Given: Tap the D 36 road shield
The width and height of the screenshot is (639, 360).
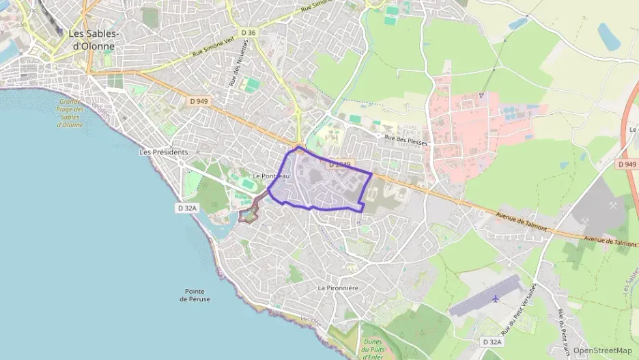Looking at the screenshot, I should [248, 32].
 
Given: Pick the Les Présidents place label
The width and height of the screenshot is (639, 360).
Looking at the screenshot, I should [162, 152].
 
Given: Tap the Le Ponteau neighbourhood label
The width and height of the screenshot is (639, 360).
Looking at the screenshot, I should [271, 176].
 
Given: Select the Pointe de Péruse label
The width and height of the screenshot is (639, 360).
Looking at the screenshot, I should [195, 295].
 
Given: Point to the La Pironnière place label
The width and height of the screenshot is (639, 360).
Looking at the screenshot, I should [338, 288].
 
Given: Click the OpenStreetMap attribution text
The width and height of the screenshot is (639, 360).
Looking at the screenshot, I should [602, 350].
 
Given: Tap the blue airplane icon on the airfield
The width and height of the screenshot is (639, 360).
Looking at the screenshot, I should [494, 299].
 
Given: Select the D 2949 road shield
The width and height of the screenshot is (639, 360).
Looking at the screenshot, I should [339, 165].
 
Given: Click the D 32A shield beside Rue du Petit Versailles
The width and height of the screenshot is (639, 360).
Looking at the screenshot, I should [491, 342].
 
